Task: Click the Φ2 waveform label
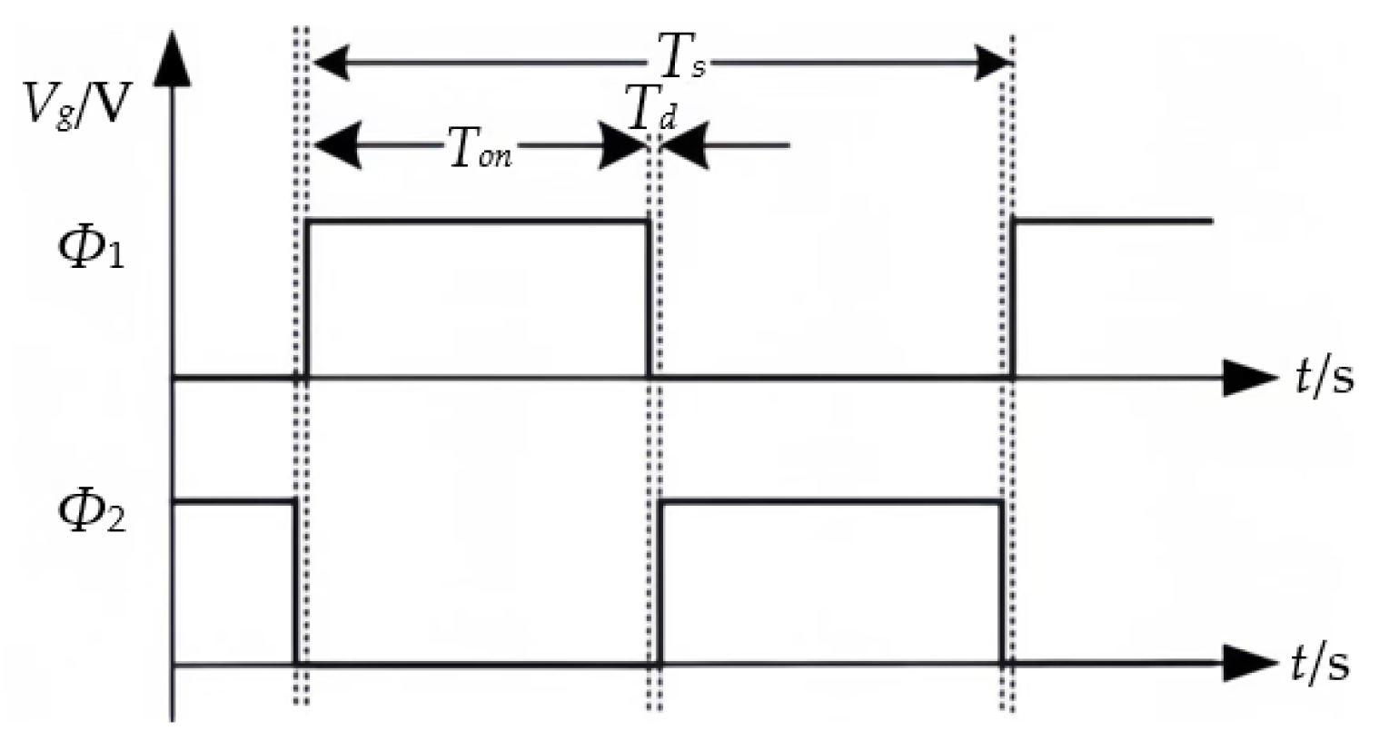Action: (91, 513)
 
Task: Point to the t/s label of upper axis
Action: (1324, 376)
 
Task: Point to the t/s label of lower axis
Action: (1320, 664)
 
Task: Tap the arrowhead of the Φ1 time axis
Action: (1249, 377)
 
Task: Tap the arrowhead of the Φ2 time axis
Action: (1249, 665)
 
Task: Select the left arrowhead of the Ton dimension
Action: (336, 146)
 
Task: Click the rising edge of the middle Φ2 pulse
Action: (661, 581)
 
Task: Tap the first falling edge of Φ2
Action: (295, 581)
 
